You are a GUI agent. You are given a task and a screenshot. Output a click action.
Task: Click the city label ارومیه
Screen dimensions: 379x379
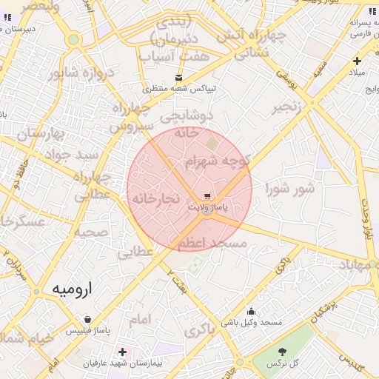[x=76, y=289]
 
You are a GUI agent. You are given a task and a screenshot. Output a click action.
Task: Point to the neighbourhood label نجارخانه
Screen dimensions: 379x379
[x=155, y=199]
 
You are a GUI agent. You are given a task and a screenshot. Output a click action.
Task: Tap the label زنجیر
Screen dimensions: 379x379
[x=289, y=107]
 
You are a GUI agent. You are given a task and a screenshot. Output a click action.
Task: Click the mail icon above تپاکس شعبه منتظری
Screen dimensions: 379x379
[x=178, y=77]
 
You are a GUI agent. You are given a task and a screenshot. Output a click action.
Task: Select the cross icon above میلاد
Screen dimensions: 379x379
[x=357, y=61]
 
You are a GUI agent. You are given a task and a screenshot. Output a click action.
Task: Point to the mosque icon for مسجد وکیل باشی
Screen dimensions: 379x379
[x=251, y=312]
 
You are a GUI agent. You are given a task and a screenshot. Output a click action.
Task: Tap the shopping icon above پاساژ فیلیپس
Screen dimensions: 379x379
[x=88, y=319]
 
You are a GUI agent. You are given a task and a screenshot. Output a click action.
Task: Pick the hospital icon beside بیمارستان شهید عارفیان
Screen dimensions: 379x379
[x=122, y=352]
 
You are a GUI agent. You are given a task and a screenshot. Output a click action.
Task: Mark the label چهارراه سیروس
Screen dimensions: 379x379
[x=132, y=117]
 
